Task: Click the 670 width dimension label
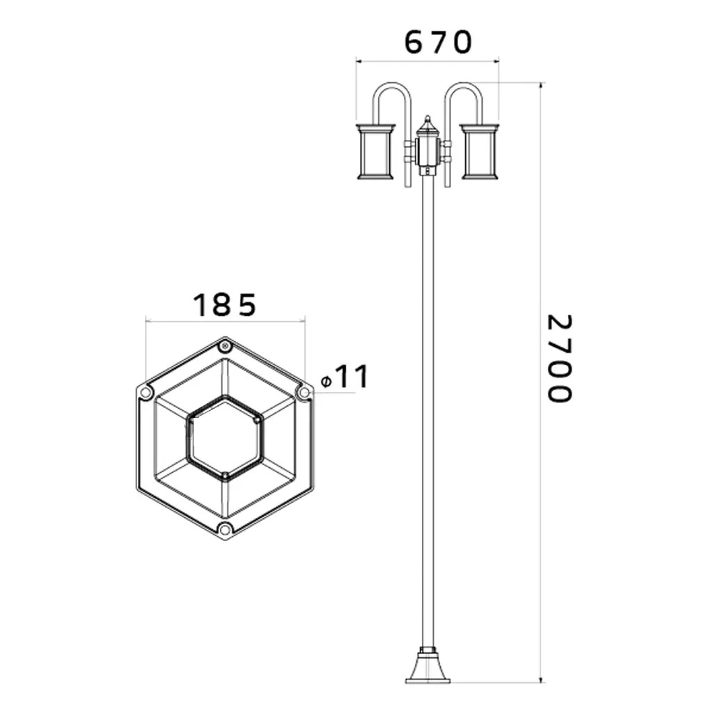point(439,42)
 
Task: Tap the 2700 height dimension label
point(558,359)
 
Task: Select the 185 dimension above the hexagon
point(225,305)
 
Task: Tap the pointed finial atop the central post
point(428,123)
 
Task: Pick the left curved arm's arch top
point(391,84)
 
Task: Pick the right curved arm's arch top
point(463,84)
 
